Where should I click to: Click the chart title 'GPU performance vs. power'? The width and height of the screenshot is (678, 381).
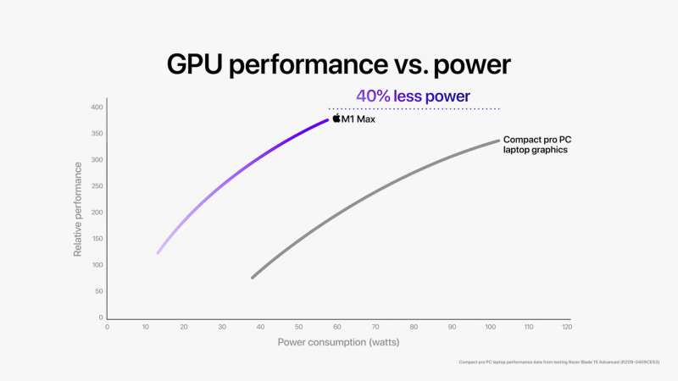pos(338,64)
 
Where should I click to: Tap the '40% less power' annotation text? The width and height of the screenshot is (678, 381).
pos(413,97)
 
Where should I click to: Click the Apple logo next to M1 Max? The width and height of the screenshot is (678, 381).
pos(336,119)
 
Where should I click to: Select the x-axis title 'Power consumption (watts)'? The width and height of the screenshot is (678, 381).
pos(338,343)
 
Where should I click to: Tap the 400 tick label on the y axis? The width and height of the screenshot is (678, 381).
pos(96,108)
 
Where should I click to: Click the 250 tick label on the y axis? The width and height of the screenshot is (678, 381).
pos(96,186)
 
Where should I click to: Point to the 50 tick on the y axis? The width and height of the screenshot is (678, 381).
pos(97,291)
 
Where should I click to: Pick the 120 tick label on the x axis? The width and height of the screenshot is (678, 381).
pos(566,326)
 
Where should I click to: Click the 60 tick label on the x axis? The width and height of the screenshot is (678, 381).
pos(336,326)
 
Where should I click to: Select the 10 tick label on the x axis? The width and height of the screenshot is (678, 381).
pos(145,326)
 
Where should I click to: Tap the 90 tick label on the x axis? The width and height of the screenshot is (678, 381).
pos(452,326)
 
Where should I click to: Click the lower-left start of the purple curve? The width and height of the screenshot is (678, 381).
pos(158,252)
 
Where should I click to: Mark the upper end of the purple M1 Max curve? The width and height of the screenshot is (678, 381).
pos(327,120)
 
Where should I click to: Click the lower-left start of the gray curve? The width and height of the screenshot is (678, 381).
pos(253,277)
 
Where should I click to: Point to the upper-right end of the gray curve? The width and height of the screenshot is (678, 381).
pos(497,141)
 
